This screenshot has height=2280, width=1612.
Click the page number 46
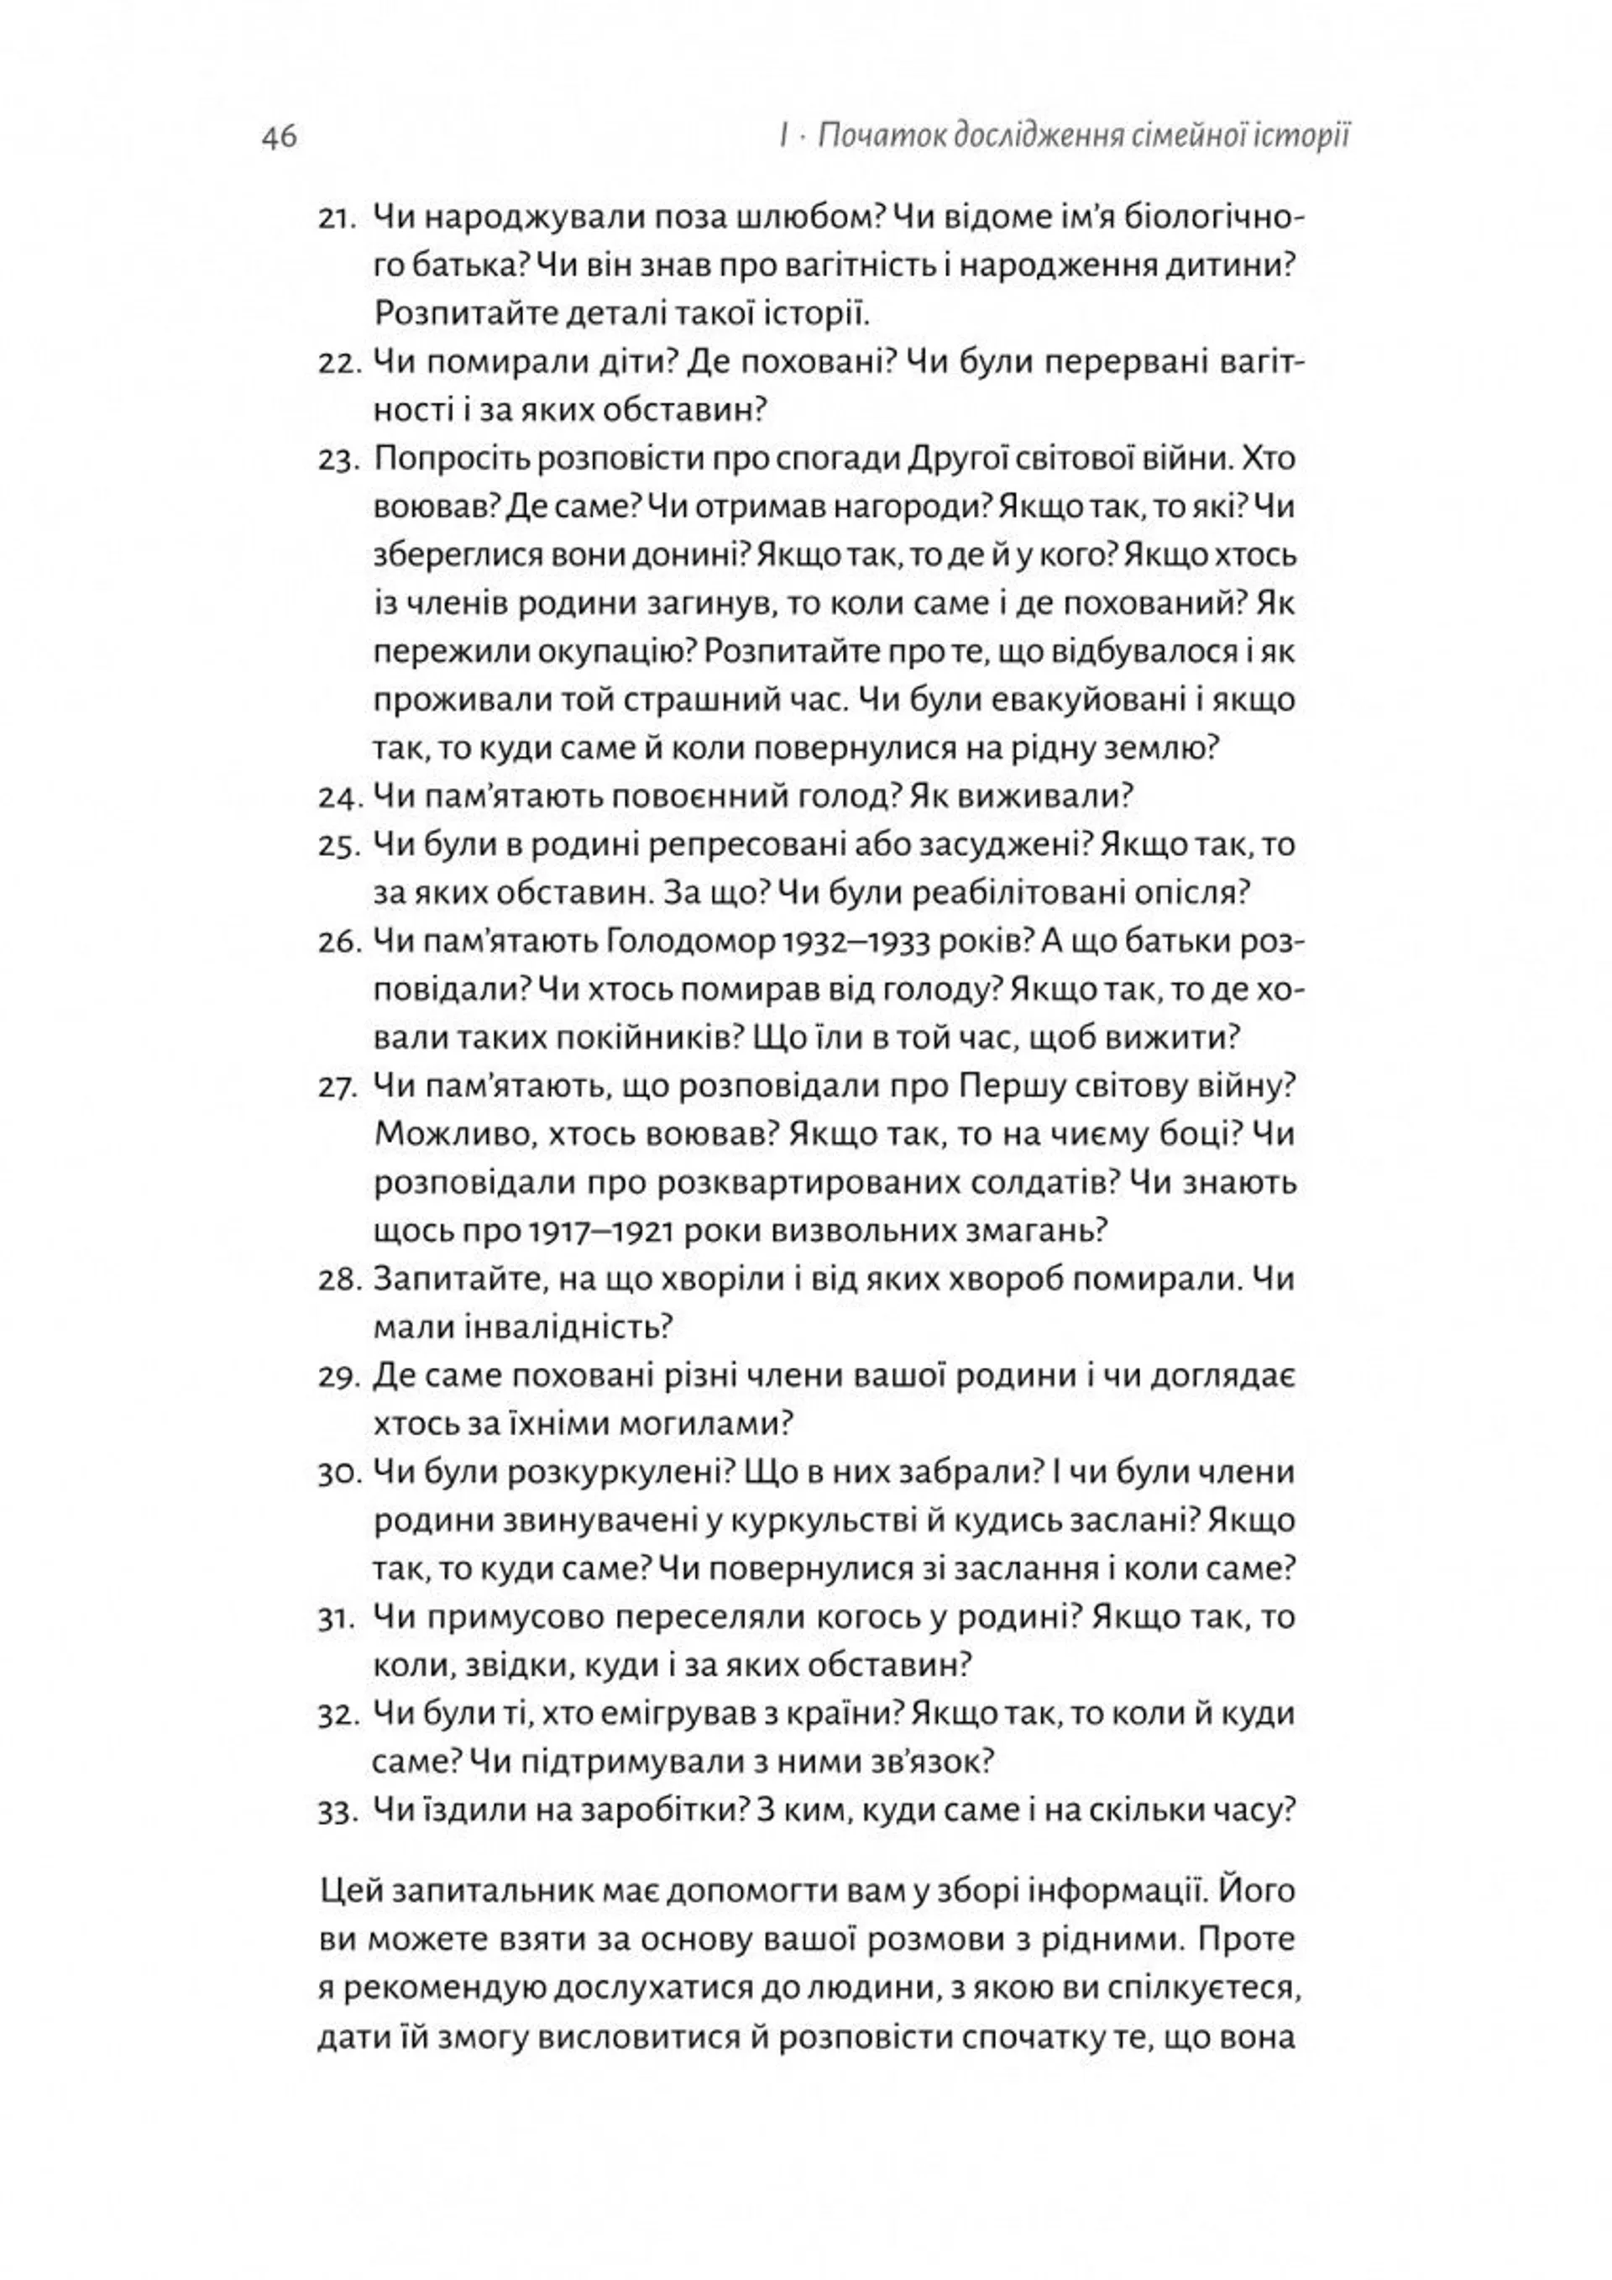coord(279,136)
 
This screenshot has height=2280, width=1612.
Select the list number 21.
coord(338,219)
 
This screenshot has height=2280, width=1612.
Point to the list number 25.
coord(338,847)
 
